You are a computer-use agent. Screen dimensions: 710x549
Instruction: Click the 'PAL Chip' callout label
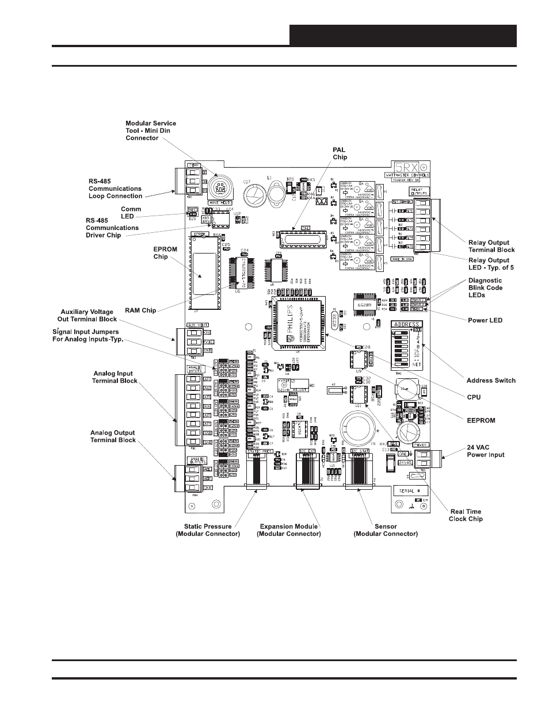click(x=340, y=153)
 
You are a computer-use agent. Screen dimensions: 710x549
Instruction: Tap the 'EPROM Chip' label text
click(x=165, y=253)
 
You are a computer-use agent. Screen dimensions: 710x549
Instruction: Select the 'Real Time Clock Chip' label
click(x=466, y=515)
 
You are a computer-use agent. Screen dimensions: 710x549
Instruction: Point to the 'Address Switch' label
click(x=491, y=381)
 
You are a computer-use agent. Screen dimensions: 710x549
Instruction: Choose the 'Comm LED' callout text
click(x=131, y=213)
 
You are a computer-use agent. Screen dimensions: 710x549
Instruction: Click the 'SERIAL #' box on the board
click(x=409, y=491)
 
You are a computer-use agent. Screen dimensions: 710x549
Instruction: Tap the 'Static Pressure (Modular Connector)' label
click(x=208, y=530)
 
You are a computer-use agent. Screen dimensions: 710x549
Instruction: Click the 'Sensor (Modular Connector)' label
click(x=385, y=530)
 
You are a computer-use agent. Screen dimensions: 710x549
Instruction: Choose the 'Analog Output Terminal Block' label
click(x=113, y=436)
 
